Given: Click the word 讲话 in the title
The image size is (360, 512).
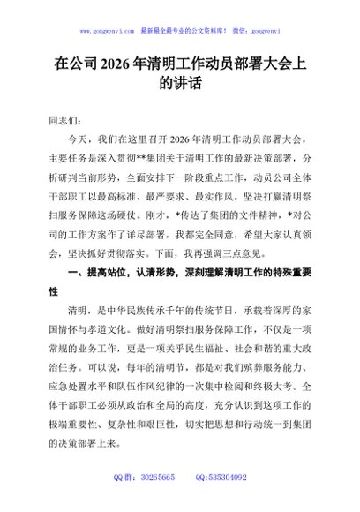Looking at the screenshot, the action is click(x=180, y=86).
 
